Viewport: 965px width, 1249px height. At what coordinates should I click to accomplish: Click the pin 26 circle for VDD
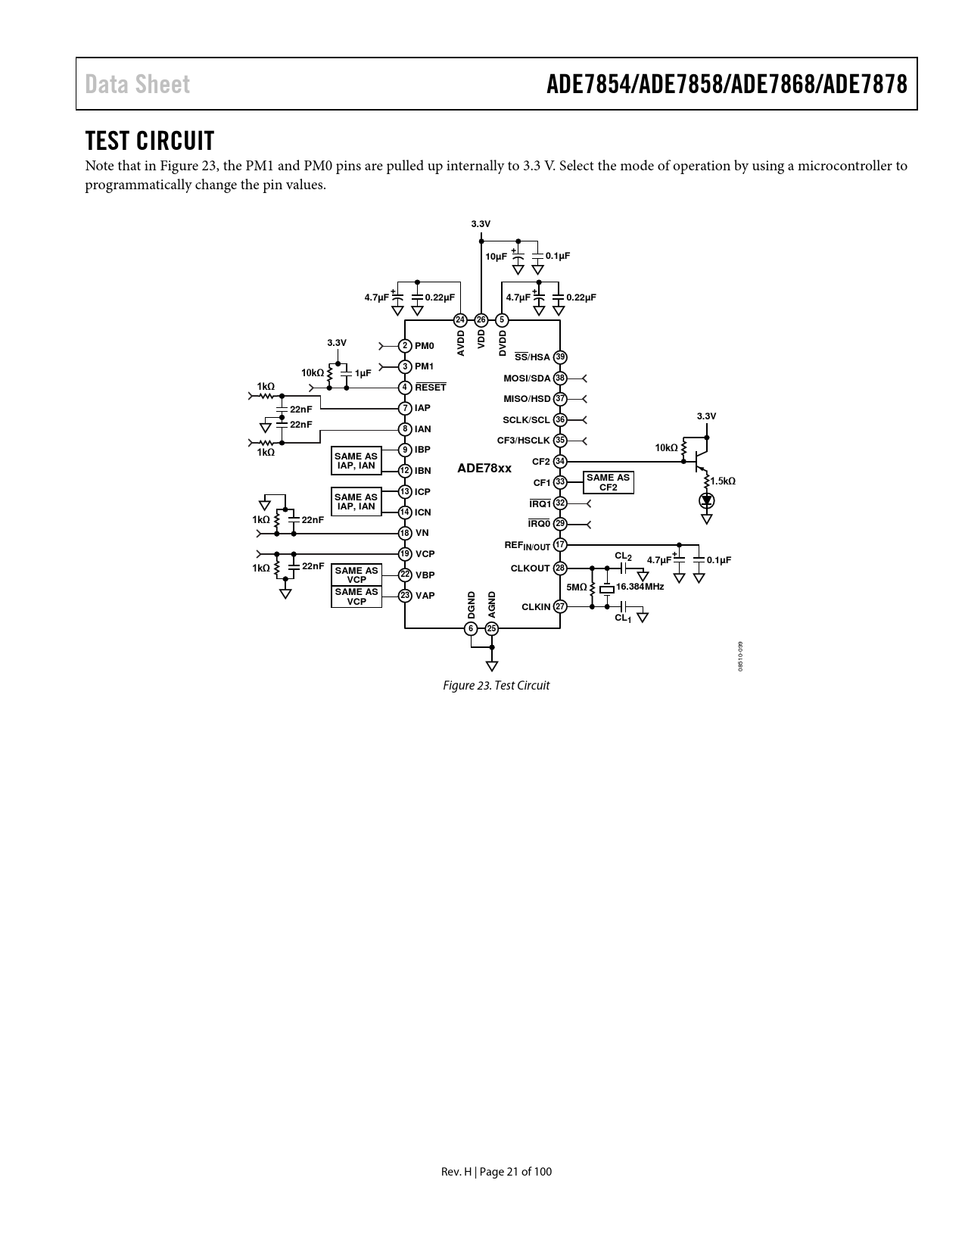[x=481, y=319]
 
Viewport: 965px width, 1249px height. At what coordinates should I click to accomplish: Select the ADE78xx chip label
[x=484, y=469]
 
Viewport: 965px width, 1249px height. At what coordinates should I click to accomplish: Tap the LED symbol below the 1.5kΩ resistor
[x=707, y=500]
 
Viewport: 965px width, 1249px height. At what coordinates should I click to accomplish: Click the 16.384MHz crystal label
[x=640, y=587]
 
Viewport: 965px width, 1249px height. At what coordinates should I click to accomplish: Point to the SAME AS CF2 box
[x=608, y=482]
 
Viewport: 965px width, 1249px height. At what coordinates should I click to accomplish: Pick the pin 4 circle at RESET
[x=406, y=388]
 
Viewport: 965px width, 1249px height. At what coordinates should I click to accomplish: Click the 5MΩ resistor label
[x=576, y=587]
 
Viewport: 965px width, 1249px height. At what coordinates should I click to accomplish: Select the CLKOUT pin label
[x=531, y=568]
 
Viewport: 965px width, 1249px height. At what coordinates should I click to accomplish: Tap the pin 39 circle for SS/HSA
[x=560, y=357]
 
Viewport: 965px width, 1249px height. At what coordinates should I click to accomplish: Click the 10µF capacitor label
[x=496, y=257]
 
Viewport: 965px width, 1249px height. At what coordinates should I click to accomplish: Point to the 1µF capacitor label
[x=363, y=373]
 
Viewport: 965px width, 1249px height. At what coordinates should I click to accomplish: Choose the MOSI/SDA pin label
[x=527, y=378]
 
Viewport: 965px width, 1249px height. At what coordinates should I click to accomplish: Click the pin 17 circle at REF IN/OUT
[x=560, y=545]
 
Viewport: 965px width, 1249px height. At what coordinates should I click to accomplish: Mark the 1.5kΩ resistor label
[x=723, y=481]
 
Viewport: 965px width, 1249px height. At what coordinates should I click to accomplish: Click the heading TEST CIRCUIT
[x=150, y=141]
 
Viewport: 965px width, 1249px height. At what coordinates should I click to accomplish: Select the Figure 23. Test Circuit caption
[x=496, y=686]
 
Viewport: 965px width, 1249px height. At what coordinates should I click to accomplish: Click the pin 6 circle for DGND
[x=471, y=628]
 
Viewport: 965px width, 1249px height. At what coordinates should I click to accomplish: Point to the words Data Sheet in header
[x=137, y=84]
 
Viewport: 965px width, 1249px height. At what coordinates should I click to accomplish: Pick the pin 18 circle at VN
[x=406, y=533]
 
